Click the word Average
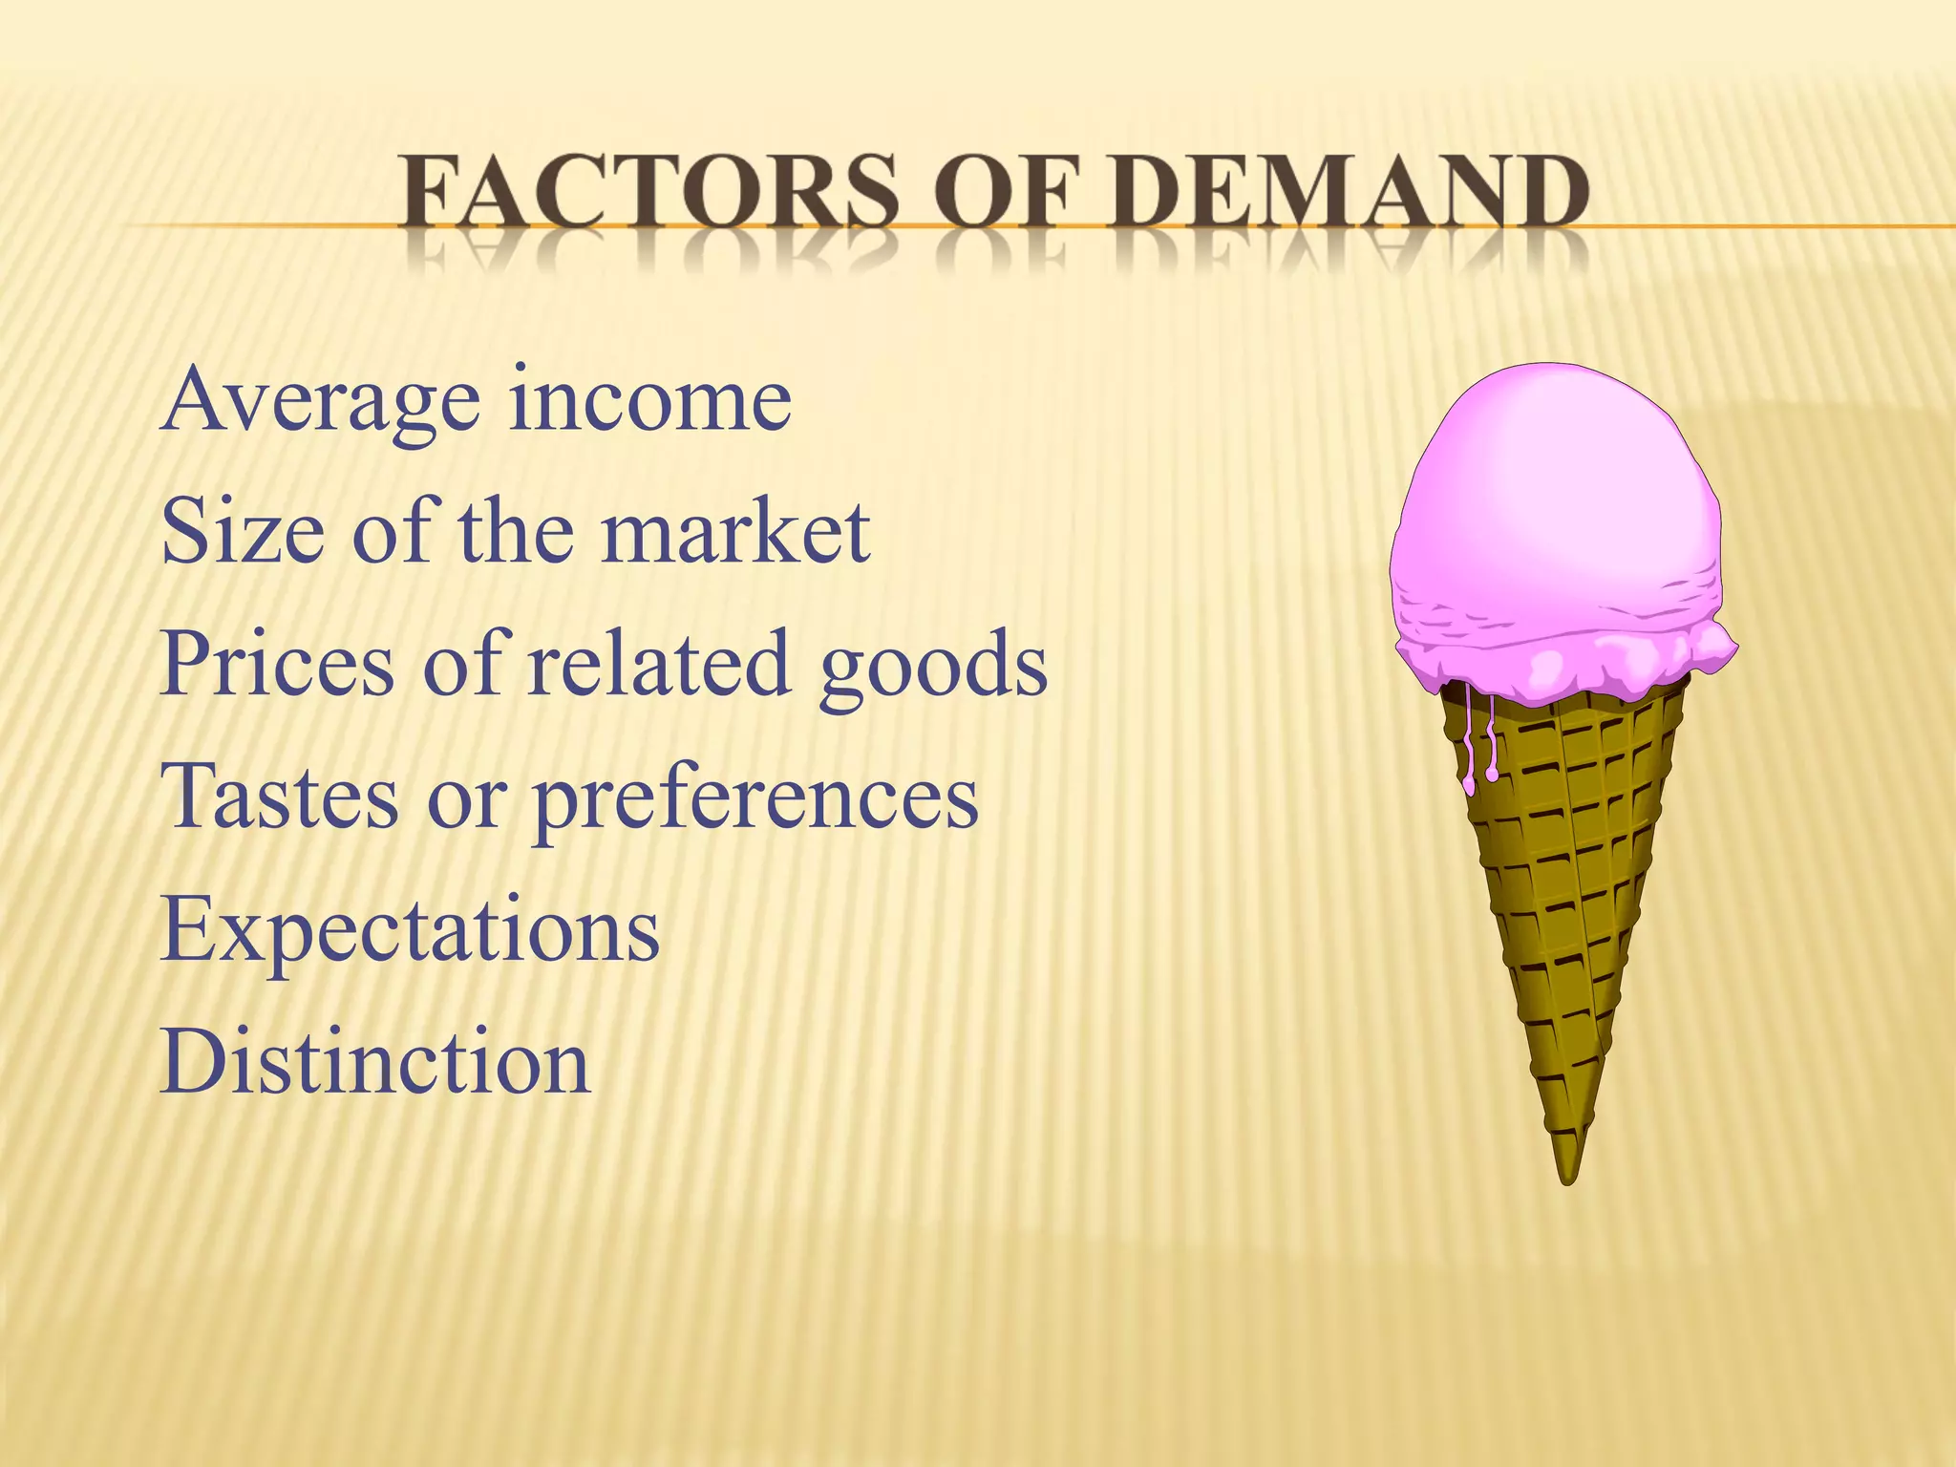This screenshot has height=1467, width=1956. [x=321, y=401]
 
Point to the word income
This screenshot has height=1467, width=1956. [x=649, y=401]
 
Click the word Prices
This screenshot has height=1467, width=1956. [x=277, y=664]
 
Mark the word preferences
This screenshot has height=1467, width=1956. [x=755, y=797]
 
